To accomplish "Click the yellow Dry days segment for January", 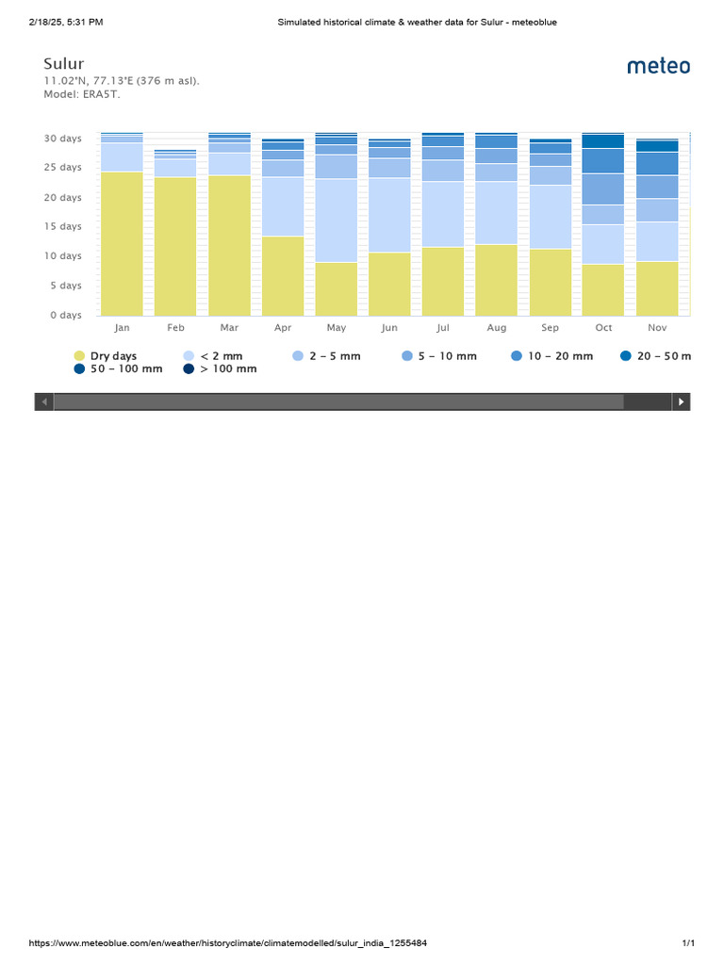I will (122, 243).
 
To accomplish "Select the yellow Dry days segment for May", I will (337, 288).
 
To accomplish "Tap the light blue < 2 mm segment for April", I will (283, 206).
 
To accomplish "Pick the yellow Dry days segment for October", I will (603, 289).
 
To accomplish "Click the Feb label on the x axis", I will (176, 328).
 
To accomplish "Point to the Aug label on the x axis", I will (497, 328).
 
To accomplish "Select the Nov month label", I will (657, 328).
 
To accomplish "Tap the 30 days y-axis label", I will (63, 139).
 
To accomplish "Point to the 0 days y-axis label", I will (66, 316).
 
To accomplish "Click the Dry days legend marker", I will (79, 356).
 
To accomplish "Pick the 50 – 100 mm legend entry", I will (118, 369).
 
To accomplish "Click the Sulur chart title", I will (64, 64).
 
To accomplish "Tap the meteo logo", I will (658, 66).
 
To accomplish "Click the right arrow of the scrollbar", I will (681, 401).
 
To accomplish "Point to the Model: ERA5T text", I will (82, 94).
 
